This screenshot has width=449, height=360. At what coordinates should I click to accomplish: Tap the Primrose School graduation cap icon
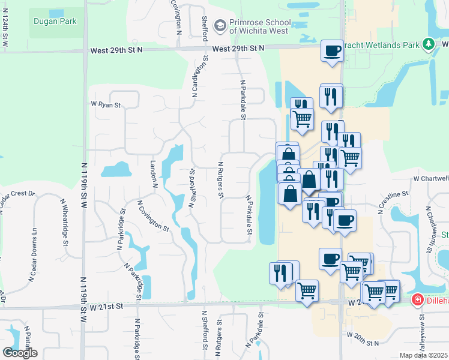pos(220,26)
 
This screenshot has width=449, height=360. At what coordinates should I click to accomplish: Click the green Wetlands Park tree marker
pos(428,44)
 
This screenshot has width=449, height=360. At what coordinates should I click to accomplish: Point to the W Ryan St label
pos(106,105)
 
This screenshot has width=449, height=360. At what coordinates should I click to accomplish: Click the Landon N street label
pos(154,172)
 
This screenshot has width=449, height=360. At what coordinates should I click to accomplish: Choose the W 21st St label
pos(106,305)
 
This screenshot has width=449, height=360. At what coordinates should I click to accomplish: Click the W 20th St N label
pos(363,343)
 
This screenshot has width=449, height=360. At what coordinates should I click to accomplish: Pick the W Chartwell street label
pos(431,178)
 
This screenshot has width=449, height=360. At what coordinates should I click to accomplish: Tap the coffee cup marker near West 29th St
pos(332,50)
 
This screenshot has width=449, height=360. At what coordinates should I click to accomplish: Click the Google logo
pos(20,353)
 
